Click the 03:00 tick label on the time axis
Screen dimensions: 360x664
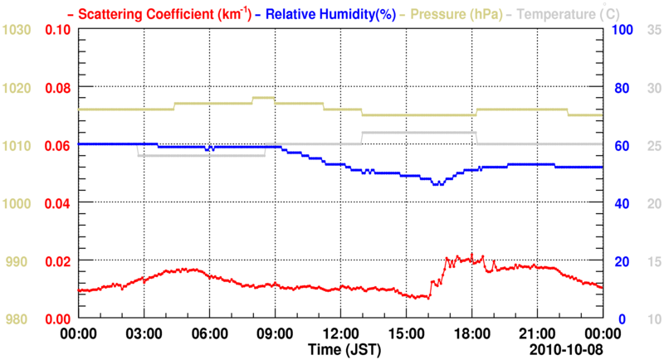click(144, 333)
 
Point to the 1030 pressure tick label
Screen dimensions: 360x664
click(17, 30)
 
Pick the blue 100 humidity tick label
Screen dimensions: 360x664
click(623, 30)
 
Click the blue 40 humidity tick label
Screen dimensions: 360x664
click(620, 203)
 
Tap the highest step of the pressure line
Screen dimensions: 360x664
click(263, 97)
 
